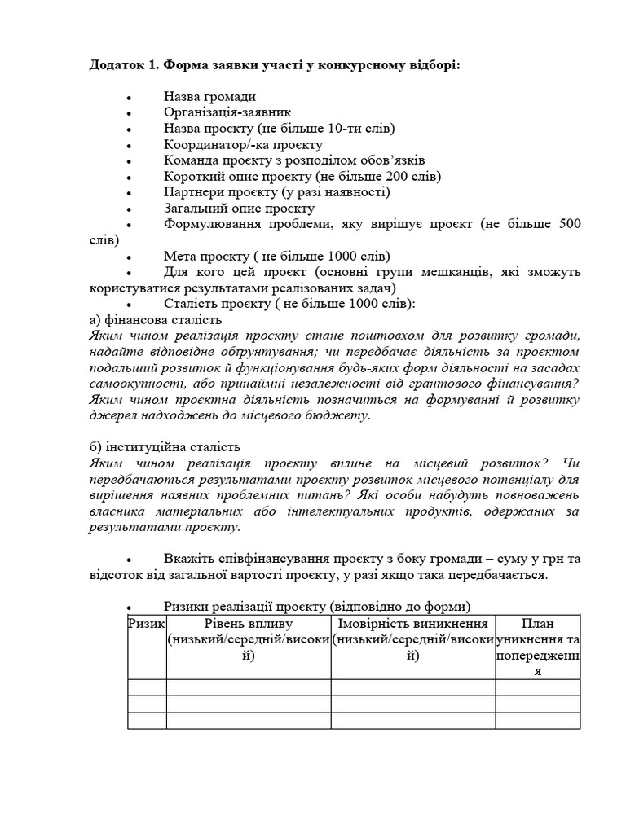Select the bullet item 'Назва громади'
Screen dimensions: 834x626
(209, 97)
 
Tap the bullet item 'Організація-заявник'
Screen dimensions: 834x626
(227, 112)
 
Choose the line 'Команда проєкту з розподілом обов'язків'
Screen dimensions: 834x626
(293, 160)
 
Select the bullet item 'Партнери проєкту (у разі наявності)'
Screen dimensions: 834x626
(276, 192)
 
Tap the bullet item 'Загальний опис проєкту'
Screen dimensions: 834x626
(239, 208)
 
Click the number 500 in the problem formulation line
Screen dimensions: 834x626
(570, 224)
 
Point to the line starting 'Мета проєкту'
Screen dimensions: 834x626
(276, 256)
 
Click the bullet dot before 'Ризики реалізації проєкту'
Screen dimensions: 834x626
(130, 608)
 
